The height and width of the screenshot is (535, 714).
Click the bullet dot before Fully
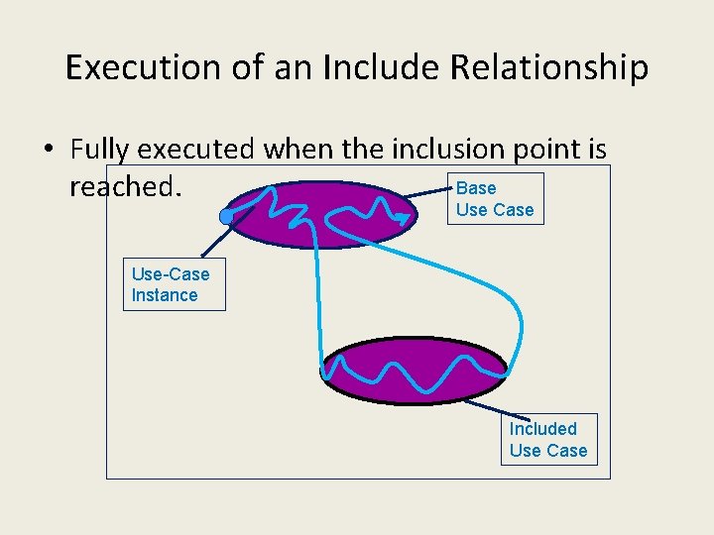(x=48, y=151)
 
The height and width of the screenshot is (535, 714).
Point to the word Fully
(x=99, y=150)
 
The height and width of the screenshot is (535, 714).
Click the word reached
(x=125, y=186)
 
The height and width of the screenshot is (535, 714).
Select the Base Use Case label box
(x=495, y=199)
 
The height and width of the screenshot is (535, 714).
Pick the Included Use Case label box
(x=548, y=440)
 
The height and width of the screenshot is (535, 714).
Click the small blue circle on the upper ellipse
(x=227, y=216)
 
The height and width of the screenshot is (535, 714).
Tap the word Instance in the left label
(x=165, y=295)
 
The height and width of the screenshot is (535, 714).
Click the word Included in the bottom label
(x=542, y=429)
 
